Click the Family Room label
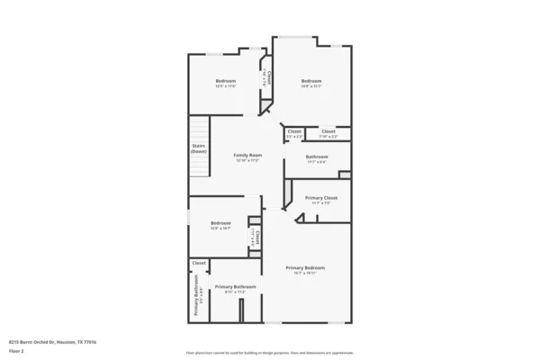pos(247,155)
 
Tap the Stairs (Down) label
pos(199,148)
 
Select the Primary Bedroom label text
pos(305,268)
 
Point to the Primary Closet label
pos(320,197)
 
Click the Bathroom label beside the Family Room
pos(316,157)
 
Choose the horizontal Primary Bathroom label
pos(235,286)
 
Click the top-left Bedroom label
pos(225,81)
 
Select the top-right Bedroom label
pos(310,81)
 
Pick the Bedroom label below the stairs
pos(220,223)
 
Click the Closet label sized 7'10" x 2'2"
pos(328,131)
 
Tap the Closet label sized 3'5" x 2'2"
pos(294,131)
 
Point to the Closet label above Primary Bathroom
pos(199,263)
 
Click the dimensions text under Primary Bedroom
pos(305,274)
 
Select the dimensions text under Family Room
pos(247,160)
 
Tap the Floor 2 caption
pos(16,352)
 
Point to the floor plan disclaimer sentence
pos(270,353)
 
